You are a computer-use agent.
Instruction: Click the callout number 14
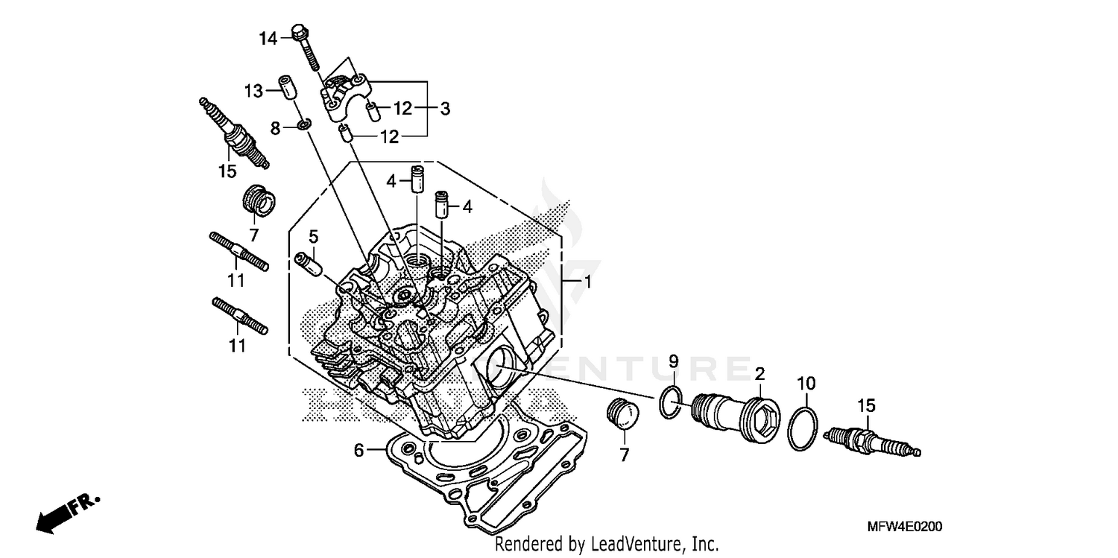tap(268, 38)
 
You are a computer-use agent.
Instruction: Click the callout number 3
tap(445, 109)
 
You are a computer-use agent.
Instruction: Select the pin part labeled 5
tap(309, 263)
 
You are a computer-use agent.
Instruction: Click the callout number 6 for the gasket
tap(359, 450)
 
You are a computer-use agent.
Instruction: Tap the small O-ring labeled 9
tap(670, 402)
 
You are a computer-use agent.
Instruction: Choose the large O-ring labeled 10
tap(803, 429)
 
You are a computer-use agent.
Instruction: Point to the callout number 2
tap(759, 372)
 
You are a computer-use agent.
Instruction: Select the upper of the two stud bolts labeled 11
tap(239, 252)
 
